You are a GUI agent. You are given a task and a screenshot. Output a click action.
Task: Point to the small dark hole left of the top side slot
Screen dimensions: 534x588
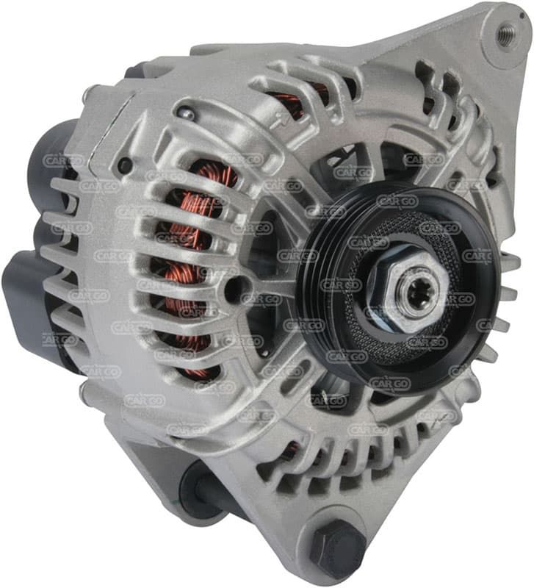[125, 164]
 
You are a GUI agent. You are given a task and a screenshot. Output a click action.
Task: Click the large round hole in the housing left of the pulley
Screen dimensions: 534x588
[236, 289]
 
